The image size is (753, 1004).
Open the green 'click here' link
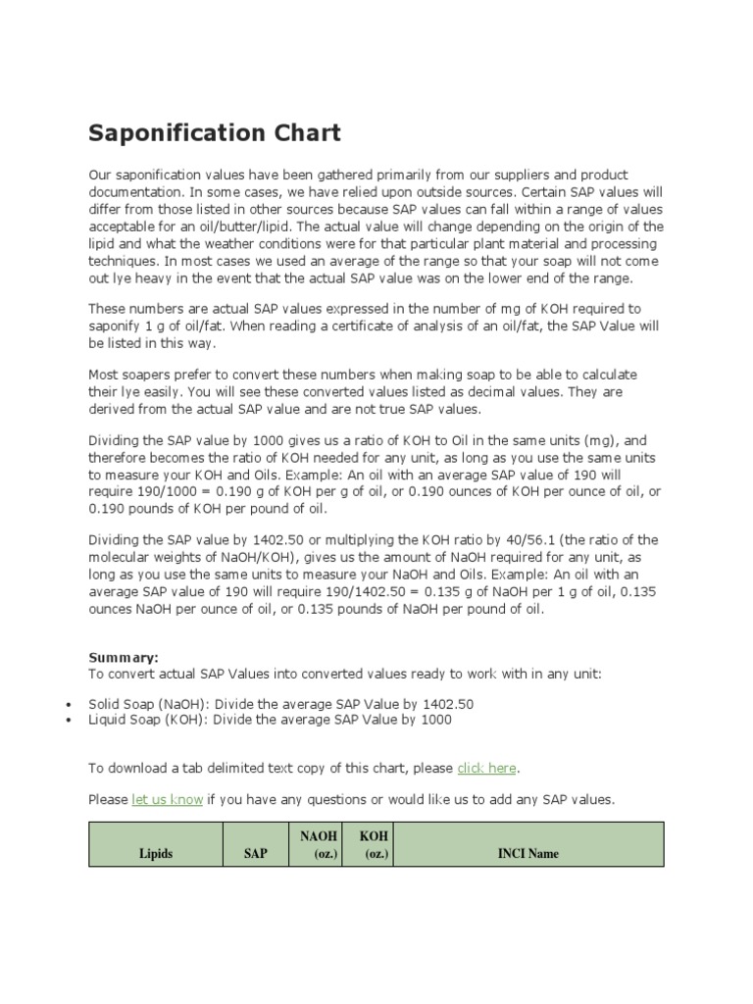point(486,768)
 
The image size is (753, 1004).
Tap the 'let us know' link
point(167,799)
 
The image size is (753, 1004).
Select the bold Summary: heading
point(123,658)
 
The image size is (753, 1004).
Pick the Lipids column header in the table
point(156,853)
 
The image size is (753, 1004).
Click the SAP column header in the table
point(255,853)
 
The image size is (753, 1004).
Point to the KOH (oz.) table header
point(374,844)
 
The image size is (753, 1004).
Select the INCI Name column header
point(528,853)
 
